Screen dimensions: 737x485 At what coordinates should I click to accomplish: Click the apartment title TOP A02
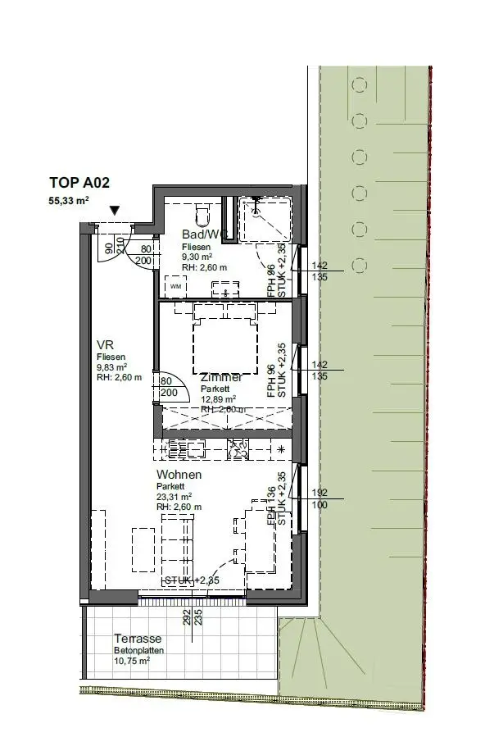[x=79, y=184]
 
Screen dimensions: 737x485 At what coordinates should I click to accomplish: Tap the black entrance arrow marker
[x=116, y=212]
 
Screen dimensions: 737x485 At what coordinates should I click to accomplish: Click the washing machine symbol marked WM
[x=175, y=286]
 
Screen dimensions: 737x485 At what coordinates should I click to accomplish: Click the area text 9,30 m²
[x=197, y=256]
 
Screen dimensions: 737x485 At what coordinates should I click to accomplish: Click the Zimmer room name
[x=221, y=377]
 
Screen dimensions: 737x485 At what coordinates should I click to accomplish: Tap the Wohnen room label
[x=179, y=475]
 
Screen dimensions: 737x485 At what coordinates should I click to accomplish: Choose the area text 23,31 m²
[x=174, y=496]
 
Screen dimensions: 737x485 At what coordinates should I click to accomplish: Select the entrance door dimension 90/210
[x=115, y=248]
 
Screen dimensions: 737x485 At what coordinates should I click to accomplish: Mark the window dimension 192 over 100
[x=320, y=498]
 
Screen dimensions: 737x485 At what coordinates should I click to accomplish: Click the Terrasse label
[x=138, y=639]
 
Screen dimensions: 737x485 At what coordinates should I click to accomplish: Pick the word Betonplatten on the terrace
[x=138, y=650]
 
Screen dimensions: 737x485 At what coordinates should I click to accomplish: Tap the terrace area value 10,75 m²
[x=133, y=661]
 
